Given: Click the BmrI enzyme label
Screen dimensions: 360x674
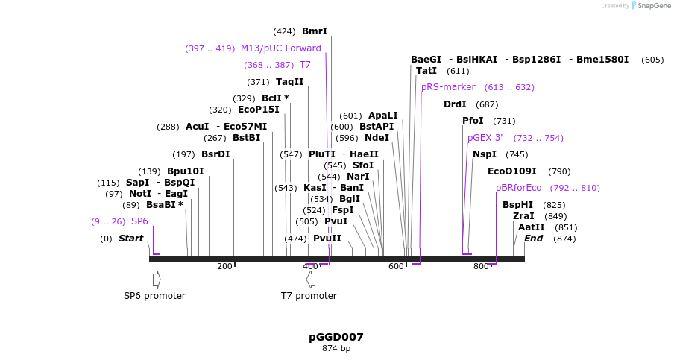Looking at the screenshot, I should coord(314,31).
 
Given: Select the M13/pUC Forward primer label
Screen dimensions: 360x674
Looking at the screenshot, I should coord(280,48).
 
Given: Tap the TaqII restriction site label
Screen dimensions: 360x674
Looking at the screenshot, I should coord(289,82).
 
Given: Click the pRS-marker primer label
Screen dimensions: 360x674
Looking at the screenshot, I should coord(448,87).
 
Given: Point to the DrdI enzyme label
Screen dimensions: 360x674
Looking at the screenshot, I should coord(455,104).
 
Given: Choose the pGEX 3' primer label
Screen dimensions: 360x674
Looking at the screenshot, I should coord(485,138).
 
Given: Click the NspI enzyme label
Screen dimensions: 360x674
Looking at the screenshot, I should coord(485,154).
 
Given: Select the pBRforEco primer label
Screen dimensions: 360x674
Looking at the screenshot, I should coord(519,188).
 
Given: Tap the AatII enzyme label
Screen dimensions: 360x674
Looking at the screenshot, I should coord(532,227).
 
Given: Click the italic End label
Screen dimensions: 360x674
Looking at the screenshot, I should coord(534,239).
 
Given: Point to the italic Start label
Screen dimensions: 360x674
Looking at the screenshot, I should coord(130,239).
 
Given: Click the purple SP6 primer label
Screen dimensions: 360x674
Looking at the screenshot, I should coord(139,221).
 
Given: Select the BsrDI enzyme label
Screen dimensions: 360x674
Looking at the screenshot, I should coord(215,154).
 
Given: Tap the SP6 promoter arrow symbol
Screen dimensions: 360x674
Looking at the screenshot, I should coord(157,279).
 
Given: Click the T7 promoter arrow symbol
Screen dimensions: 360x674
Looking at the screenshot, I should coord(309,279).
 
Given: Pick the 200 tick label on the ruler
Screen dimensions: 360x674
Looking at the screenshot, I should coord(224,267).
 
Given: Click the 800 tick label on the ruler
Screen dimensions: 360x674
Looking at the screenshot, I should coord(481,267).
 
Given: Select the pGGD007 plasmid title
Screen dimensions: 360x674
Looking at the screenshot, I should coord(336,337).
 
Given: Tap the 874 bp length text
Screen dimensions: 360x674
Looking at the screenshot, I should coord(336,348).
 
